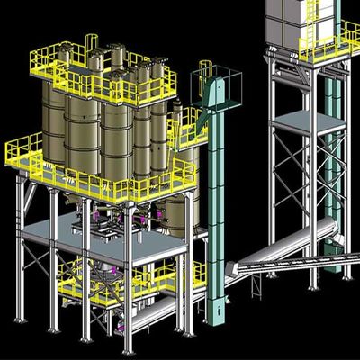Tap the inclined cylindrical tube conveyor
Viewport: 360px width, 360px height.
point(297,241)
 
